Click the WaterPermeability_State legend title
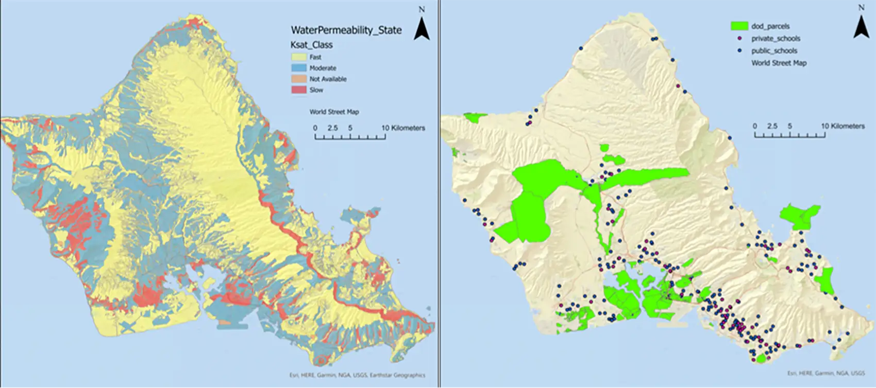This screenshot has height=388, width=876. click(346, 30)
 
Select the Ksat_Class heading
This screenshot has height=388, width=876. click(312, 45)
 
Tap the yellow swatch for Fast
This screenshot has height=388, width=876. click(299, 57)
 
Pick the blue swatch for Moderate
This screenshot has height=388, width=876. click(299, 68)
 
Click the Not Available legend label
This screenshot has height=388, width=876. click(328, 79)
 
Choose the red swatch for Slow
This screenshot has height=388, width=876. click(299, 90)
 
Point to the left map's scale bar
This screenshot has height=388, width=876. click(350, 137)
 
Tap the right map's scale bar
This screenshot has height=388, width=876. click(789, 135)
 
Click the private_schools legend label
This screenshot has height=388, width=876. click(776, 39)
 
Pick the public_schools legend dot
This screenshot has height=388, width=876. click(739, 51)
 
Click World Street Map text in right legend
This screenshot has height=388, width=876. click(779, 63)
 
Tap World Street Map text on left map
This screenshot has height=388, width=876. click(334, 112)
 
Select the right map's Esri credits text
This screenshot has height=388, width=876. click(826, 373)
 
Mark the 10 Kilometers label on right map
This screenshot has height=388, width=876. click(843, 126)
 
